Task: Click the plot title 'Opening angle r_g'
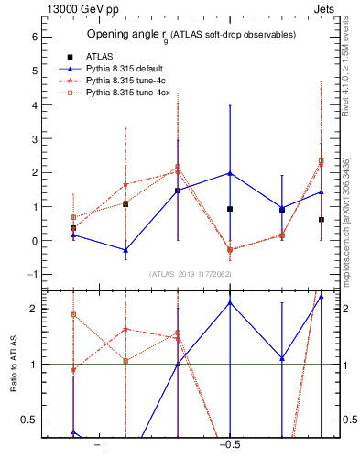pos(191,35)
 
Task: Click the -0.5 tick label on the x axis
pos(229,445)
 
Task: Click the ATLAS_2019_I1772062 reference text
pos(191,274)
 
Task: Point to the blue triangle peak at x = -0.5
pos(230,173)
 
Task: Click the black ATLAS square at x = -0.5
pos(230,209)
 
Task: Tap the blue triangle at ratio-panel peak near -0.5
pos(230,302)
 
